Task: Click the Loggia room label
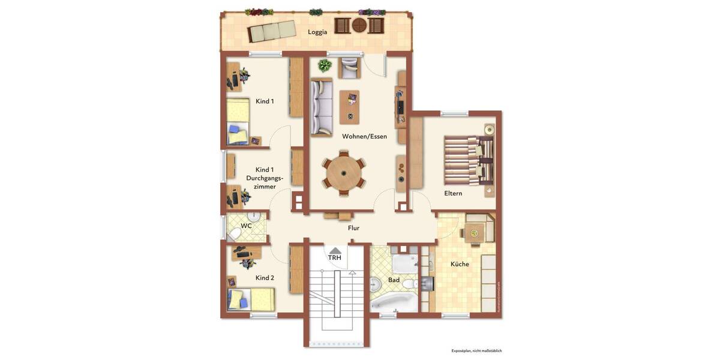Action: (x=317, y=32)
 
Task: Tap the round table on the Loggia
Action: (x=359, y=26)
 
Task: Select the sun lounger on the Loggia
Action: (x=272, y=32)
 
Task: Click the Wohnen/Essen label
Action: (x=364, y=136)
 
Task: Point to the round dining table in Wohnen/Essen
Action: (x=344, y=173)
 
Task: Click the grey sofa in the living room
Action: (x=321, y=107)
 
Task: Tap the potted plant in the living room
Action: (x=325, y=65)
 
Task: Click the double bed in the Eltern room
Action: (x=467, y=160)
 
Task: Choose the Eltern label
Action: (x=453, y=193)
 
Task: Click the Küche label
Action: (x=460, y=264)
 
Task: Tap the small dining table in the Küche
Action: (x=474, y=232)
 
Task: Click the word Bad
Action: (x=394, y=280)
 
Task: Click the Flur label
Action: (x=353, y=228)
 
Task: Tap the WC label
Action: (x=246, y=226)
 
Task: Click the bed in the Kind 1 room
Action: (x=238, y=122)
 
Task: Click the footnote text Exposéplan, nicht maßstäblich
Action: (x=476, y=350)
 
